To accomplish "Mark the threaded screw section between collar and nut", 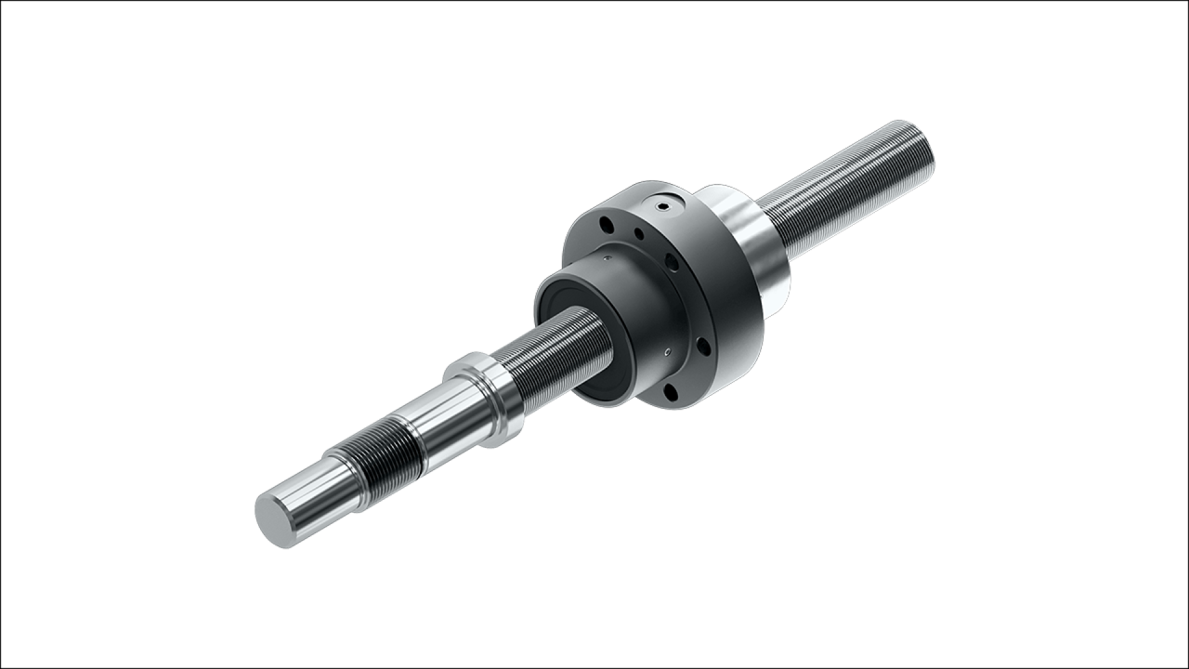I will point(548,353).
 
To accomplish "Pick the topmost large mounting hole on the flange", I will point(607,224).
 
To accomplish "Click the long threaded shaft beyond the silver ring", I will point(836,195).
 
